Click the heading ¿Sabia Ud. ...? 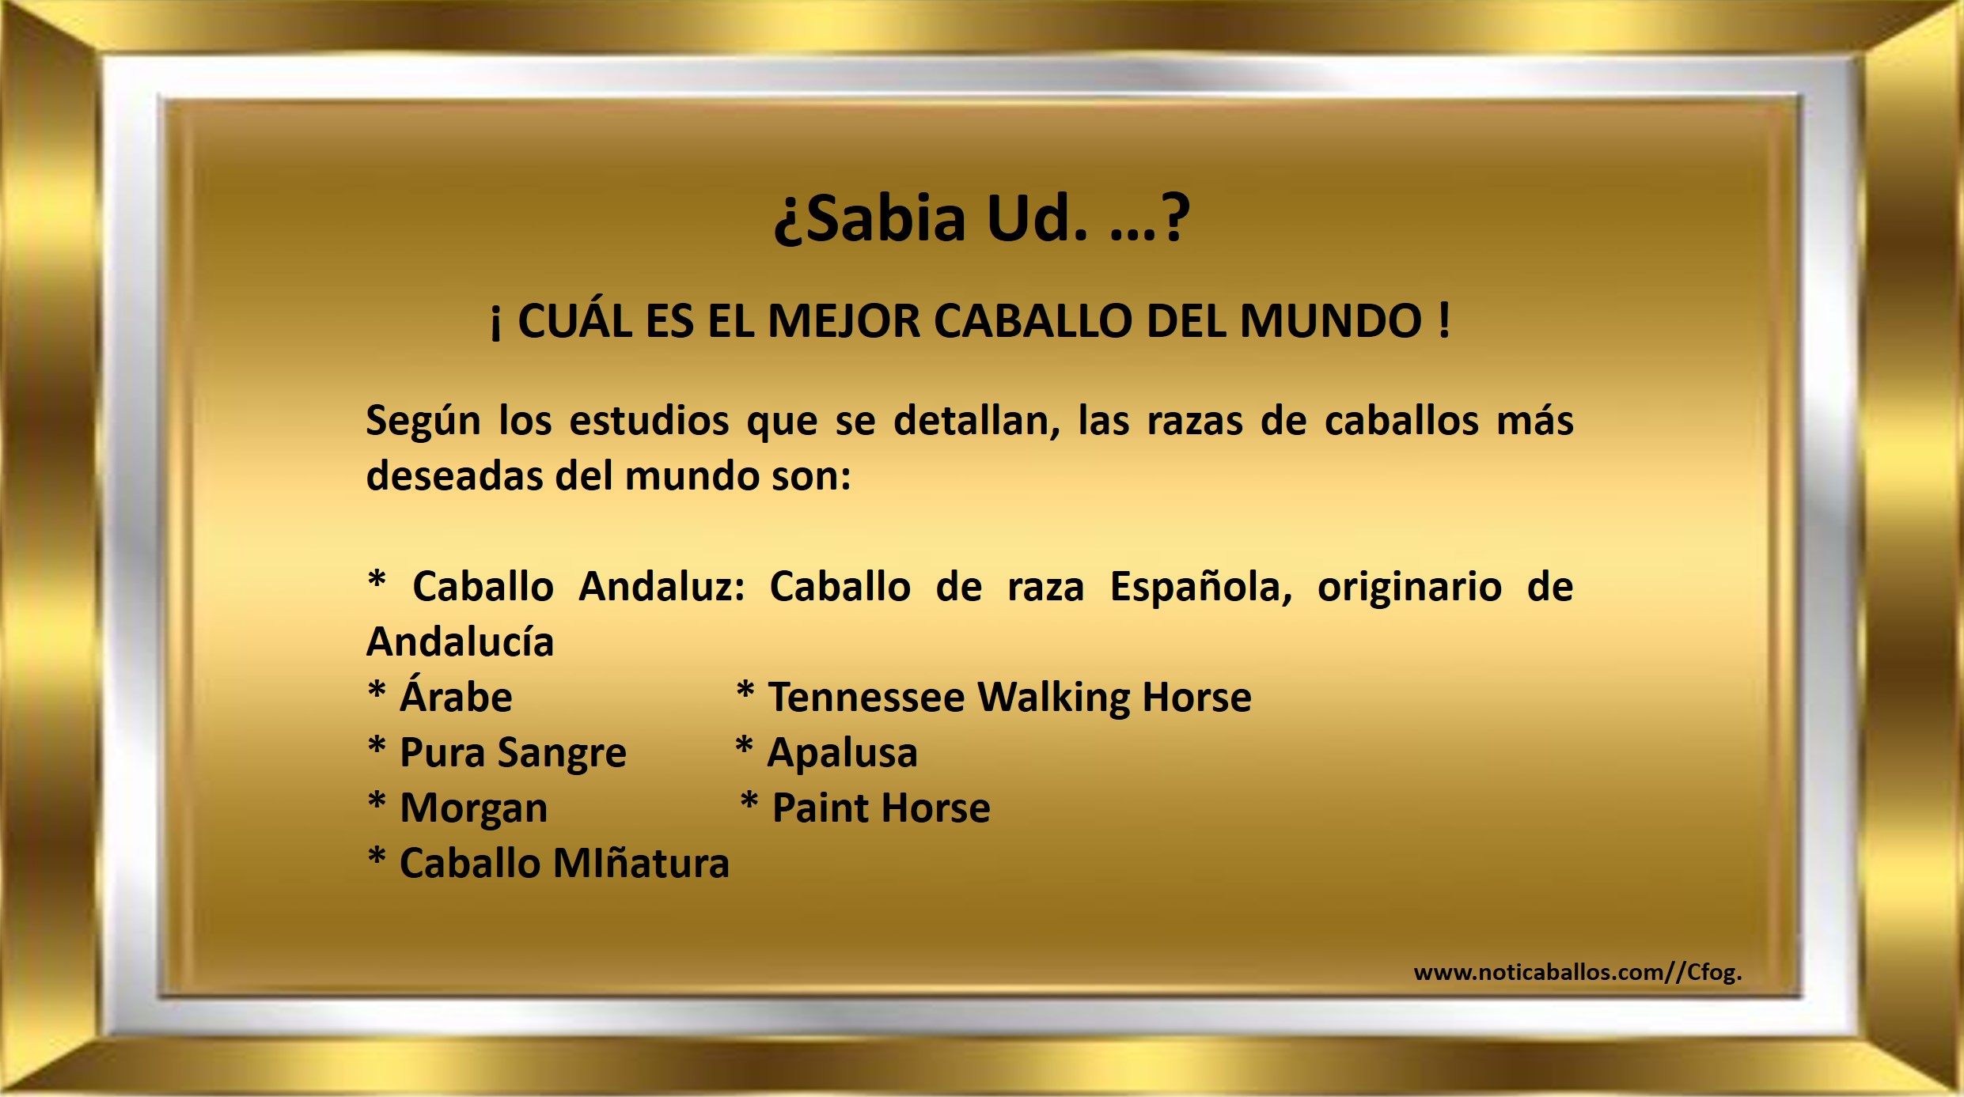click(981, 219)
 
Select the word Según click(423, 422)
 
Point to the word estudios click(649, 421)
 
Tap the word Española click(1201, 588)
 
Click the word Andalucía click(460, 641)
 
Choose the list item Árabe click(456, 695)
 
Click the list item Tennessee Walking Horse click(1010, 698)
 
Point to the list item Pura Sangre click(513, 754)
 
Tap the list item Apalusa click(842, 753)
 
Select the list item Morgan click(473, 809)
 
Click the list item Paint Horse click(881, 808)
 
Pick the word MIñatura click(641, 863)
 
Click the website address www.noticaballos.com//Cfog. click(1578, 972)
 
